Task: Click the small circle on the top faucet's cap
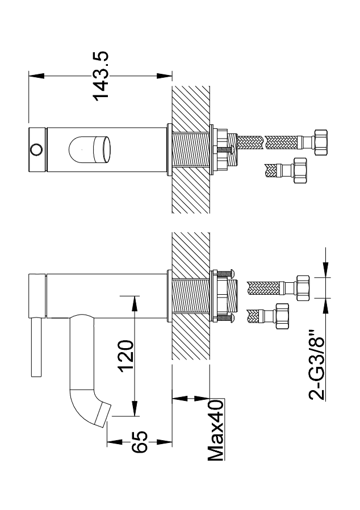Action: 36,149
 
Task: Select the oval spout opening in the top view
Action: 88,149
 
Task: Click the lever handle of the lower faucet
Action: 36,348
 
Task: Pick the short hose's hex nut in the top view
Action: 299,169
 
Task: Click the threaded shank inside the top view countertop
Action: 191,149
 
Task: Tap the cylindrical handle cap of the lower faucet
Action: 36,295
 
